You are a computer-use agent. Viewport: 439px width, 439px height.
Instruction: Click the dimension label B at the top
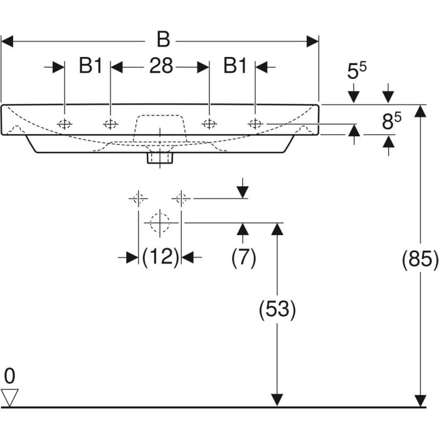click(x=162, y=40)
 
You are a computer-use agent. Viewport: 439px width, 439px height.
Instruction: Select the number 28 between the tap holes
click(x=161, y=66)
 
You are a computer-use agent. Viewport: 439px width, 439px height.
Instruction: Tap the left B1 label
click(x=90, y=66)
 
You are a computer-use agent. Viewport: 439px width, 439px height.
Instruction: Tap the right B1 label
click(x=236, y=66)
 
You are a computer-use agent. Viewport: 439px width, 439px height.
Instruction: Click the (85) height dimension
click(x=420, y=259)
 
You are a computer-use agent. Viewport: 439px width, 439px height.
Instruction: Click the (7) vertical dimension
click(x=243, y=257)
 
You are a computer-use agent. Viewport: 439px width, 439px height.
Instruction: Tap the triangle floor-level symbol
click(x=11, y=396)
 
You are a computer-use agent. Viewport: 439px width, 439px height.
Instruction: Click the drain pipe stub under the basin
click(x=159, y=157)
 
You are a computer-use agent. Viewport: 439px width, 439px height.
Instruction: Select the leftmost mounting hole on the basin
click(x=65, y=124)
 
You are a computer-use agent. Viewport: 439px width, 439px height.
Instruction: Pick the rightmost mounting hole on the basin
click(x=255, y=124)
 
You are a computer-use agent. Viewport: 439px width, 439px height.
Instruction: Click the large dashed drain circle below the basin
click(x=161, y=221)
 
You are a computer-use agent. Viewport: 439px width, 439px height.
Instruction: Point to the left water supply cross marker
click(x=138, y=199)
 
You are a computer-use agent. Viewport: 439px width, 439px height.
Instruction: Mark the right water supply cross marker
click(x=181, y=199)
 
